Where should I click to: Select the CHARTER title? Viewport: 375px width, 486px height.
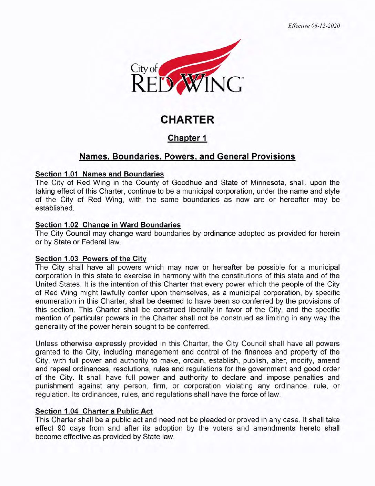(x=187, y=120)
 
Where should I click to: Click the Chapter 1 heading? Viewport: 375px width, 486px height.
(x=187, y=138)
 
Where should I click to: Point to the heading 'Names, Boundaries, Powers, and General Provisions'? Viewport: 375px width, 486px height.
(x=187, y=157)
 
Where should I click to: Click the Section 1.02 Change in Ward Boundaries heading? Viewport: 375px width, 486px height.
(x=108, y=225)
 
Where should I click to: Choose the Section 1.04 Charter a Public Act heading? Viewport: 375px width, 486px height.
(x=94, y=411)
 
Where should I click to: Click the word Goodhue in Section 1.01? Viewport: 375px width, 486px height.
(x=187, y=183)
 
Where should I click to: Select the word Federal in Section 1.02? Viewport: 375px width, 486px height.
(x=94, y=242)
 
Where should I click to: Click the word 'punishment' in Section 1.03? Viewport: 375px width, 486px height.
(x=54, y=386)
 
